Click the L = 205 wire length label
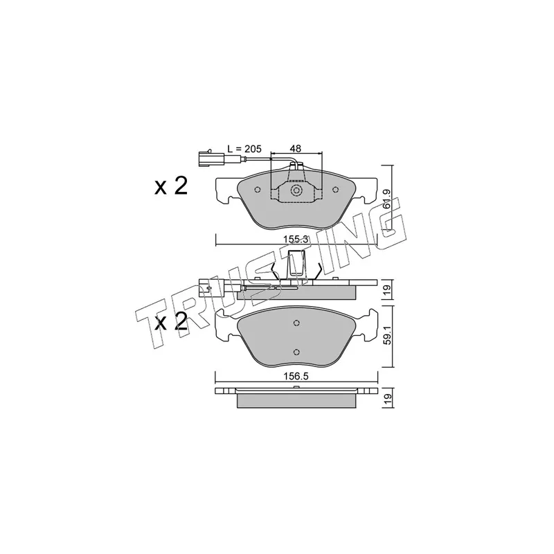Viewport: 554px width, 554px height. point(244,149)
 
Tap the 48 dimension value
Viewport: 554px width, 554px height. point(296,149)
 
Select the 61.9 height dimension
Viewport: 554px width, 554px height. point(388,199)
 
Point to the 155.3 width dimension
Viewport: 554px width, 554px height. point(296,239)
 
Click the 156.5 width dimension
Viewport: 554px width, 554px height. point(296,377)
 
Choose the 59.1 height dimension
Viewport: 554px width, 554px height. point(388,338)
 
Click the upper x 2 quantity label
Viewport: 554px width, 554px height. point(171,186)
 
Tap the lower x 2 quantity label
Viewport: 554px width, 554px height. point(171,322)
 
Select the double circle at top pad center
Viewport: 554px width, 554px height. point(296,191)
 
